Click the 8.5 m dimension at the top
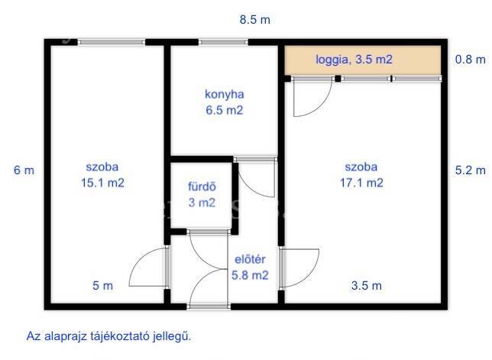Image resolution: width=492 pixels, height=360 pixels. point(255,20)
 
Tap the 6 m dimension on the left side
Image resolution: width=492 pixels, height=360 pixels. point(24,170)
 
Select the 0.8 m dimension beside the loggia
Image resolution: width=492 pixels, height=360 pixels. point(470,60)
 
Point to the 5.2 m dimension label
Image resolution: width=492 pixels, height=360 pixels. point(470,170)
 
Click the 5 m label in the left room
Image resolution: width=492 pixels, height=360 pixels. point(102,286)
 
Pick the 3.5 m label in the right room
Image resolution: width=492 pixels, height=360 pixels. point(366,286)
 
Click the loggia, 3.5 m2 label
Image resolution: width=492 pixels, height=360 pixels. point(354,60)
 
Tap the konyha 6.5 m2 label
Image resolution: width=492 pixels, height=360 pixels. point(225,102)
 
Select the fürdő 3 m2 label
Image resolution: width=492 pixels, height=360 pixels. point(202,195)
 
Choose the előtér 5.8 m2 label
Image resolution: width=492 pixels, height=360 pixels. point(250,268)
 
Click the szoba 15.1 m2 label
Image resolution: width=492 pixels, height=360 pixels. point(102,175)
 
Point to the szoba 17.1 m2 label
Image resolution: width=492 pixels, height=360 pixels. point(361,175)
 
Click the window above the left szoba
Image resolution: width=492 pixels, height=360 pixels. point(112,42)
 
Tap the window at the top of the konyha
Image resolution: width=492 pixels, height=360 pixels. point(223,42)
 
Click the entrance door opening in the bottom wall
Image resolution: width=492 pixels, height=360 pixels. point(209,306)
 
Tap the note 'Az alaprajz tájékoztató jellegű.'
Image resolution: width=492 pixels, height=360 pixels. point(108,336)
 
